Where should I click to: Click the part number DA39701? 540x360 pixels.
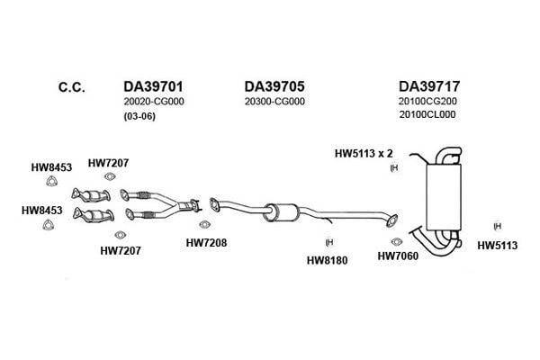[153, 86]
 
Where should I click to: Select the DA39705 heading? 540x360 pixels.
[274, 86]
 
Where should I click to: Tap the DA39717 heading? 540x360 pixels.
[429, 86]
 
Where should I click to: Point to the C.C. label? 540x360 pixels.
[72, 87]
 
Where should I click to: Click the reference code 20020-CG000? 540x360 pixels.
[154, 102]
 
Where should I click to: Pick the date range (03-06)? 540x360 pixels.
[139, 116]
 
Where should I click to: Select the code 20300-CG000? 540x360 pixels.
[274, 102]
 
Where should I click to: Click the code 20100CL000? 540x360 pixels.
[427, 114]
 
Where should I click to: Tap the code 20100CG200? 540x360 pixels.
[427, 101]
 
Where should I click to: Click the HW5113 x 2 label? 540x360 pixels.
[364, 153]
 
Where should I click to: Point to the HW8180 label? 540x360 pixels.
[328, 260]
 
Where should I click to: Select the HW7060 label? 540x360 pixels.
[398, 256]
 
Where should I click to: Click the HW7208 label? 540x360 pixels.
[206, 242]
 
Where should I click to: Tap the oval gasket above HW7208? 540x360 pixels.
[204, 224]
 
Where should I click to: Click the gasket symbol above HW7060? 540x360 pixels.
[396, 241]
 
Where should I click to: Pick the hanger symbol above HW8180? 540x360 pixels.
[329, 242]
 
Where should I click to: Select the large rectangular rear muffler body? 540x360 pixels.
[443, 197]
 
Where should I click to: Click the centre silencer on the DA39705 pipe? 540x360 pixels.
[281, 212]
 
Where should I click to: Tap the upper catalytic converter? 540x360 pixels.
[91, 195]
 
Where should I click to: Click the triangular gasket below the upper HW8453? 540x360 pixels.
[51, 181]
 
